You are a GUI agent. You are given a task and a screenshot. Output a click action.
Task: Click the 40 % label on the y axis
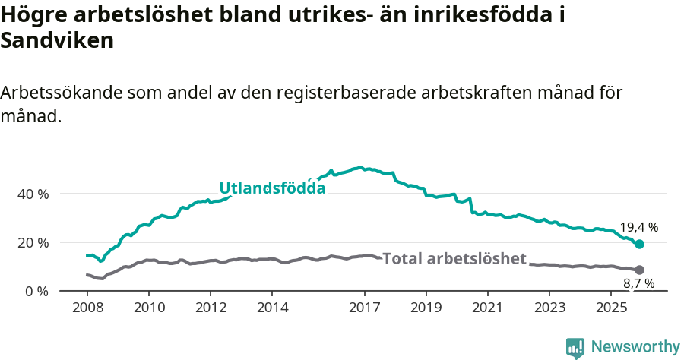pos(33,194)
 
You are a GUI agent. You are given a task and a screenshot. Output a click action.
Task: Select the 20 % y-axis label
pos(33,242)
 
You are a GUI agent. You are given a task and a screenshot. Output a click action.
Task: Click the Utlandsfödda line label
pos(272,188)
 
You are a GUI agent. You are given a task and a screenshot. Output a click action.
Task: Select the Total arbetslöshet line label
pos(454,259)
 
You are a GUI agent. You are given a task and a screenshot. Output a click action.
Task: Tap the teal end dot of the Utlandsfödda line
pos(639,244)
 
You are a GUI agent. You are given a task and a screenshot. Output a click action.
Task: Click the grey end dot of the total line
pos(639,270)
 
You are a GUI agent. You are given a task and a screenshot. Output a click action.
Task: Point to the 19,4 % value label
pos(638,227)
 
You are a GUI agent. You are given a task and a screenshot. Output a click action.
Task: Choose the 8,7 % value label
pos(638,284)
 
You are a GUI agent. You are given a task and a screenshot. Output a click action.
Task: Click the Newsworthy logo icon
pos(575,347)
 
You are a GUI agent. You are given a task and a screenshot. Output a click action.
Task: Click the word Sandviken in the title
pos(57,41)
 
